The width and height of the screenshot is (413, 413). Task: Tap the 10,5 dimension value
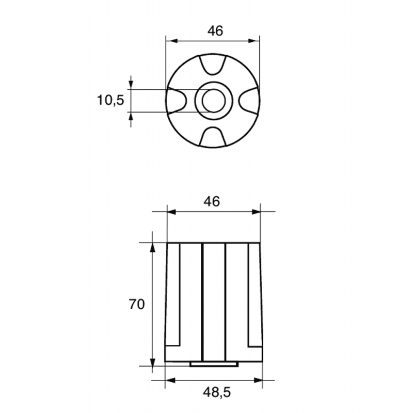pos(111,100)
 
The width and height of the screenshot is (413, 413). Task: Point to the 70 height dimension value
pos(136,305)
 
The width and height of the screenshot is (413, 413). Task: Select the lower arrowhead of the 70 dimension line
pos(152,361)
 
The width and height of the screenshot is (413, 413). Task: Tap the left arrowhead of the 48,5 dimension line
pos(169,381)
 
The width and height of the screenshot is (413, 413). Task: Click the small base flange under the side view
pos(214,364)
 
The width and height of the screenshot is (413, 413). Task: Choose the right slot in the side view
pos(253,294)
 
